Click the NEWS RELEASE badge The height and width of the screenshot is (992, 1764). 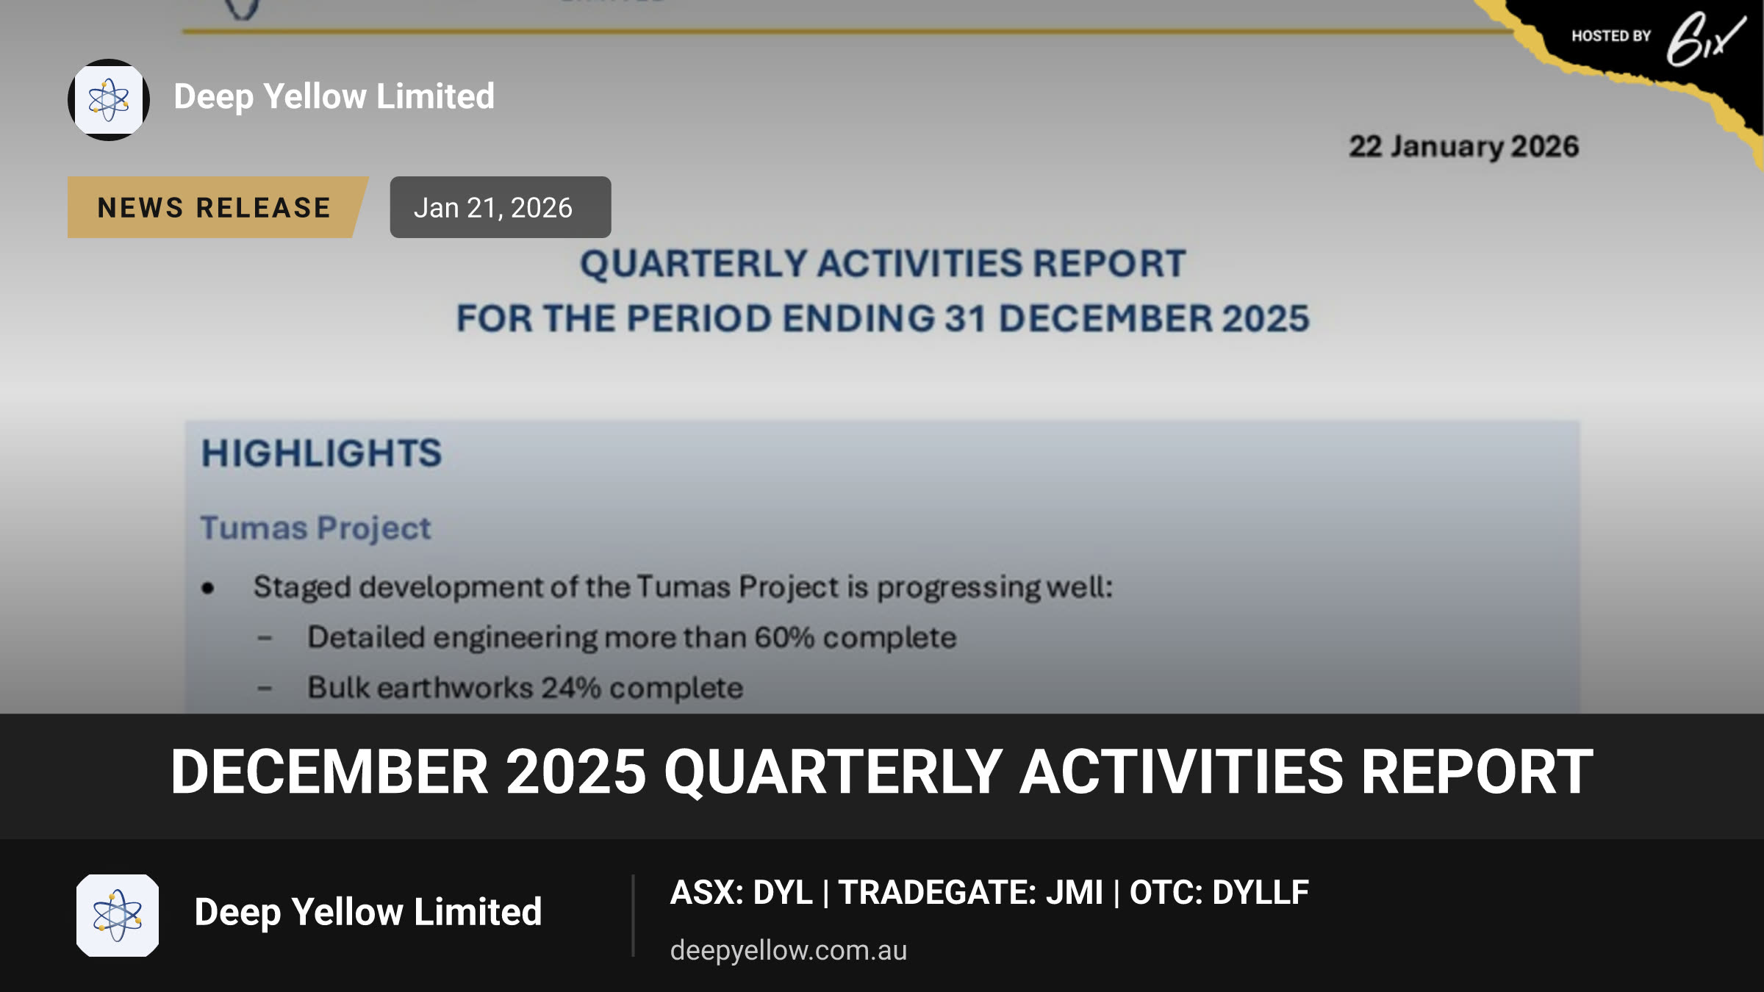(218, 207)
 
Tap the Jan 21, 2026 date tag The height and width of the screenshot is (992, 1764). (500, 207)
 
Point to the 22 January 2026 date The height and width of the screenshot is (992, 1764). (1463, 147)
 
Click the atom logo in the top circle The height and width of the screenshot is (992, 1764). (109, 100)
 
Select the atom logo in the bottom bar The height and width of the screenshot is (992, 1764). (118, 916)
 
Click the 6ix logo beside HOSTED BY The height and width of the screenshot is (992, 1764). (1705, 39)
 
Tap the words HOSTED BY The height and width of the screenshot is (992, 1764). (1611, 36)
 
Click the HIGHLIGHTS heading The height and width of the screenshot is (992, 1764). (322, 453)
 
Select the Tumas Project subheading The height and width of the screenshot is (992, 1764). (316, 528)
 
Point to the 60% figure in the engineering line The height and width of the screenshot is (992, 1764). (784, 637)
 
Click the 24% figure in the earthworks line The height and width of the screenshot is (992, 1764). (571, 688)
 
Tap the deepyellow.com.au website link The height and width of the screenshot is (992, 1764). (789, 950)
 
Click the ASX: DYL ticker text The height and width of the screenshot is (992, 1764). (742, 892)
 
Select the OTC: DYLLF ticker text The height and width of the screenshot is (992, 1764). (1219, 892)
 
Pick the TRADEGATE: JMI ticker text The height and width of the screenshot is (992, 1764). (971, 892)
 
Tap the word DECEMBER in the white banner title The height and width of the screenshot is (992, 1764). (329, 772)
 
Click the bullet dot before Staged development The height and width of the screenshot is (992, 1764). (208, 588)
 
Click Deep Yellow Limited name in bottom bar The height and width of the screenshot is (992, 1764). (368, 912)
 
